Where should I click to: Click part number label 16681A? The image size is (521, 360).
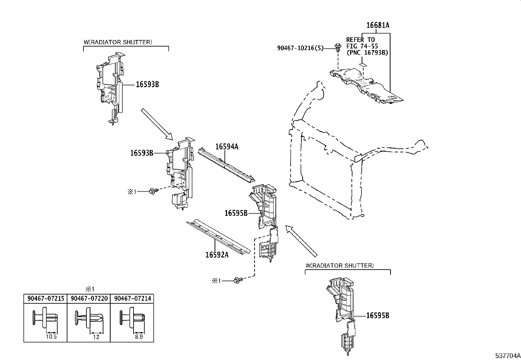[x=378, y=25]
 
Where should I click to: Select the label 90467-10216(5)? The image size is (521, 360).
[x=300, y=48]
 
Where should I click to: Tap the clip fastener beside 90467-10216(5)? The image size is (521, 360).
[x=337, y=48]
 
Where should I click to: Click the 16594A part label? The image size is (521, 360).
[x=227, y=147]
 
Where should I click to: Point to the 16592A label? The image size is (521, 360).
[x=217, y=254]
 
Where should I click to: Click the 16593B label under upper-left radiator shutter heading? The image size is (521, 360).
[x=147, y=84]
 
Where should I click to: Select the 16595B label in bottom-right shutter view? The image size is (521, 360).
[x=378, y=315]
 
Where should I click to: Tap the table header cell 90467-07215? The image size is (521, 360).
[x=45, y=298]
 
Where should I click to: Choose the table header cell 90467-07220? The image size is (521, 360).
[x=89, y=298]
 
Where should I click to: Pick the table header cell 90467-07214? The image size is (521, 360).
[x=132, y=298]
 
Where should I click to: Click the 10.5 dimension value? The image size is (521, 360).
[x=52, y=336]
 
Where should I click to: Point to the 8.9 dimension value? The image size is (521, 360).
[x=138, y=336]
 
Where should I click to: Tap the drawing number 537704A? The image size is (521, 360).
[x=507, y=355]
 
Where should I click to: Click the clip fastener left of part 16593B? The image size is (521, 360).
[x=153, y=191]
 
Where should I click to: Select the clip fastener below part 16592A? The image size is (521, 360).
[x=238, y=280]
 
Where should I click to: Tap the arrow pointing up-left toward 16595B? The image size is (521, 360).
[x=301, y=241]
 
